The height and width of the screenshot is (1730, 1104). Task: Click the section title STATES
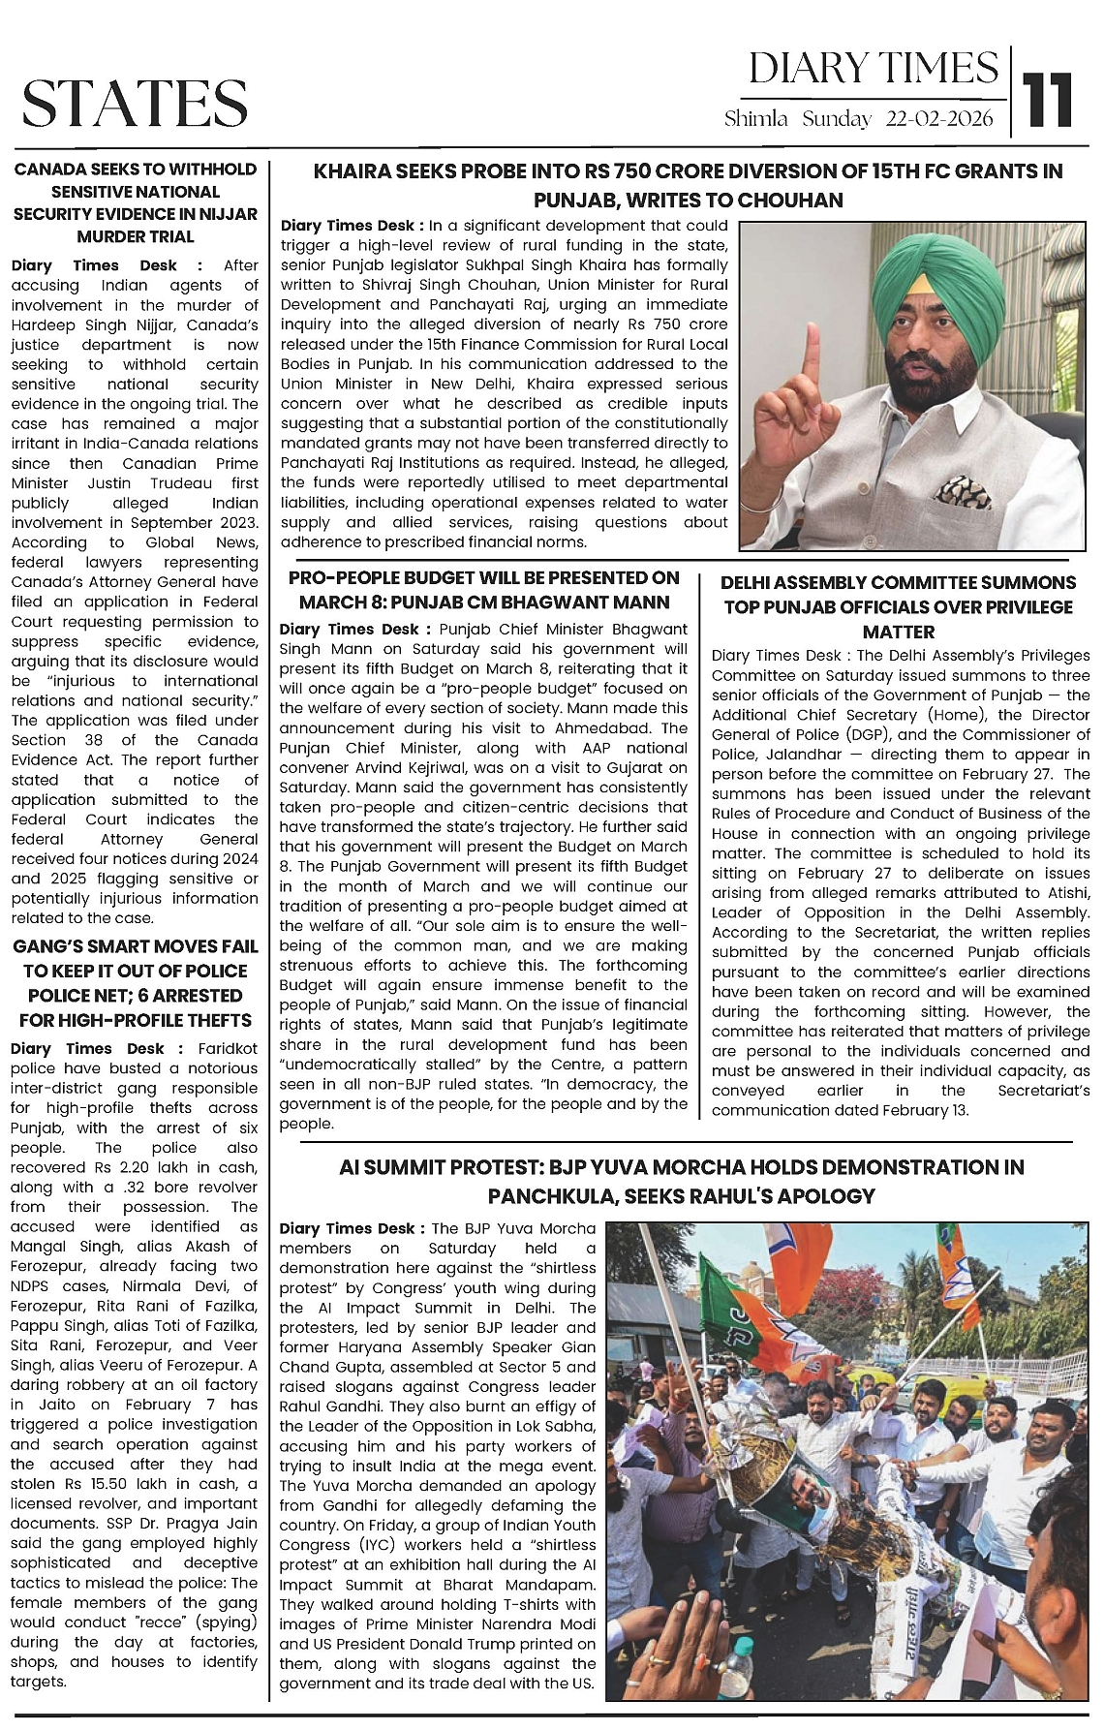point(135,104)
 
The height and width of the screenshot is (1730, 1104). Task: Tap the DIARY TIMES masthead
point(873,69)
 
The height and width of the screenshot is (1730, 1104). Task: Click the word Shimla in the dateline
point(756,119)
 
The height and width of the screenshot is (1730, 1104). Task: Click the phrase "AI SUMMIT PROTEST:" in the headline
point(438,1167)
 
